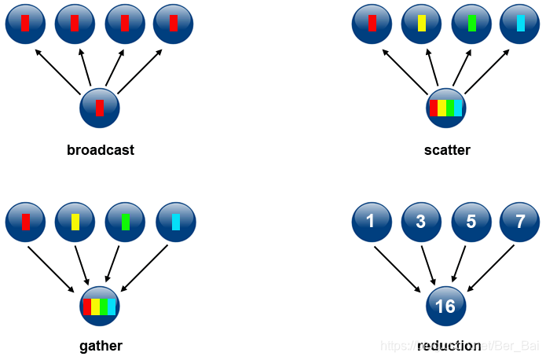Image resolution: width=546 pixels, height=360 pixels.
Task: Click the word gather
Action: click(101, 345)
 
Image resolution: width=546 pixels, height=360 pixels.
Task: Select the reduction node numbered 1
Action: click(371, 221)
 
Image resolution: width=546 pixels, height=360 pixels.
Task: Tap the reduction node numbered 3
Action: click(420, 221)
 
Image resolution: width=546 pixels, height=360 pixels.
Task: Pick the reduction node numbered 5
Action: click(470, 221)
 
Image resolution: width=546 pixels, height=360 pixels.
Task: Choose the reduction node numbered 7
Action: click(519, 221)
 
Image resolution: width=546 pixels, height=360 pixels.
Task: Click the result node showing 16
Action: click(445, 306)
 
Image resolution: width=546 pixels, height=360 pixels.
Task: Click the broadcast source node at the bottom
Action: click(99, 108)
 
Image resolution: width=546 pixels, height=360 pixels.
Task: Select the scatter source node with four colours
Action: click(445, 108)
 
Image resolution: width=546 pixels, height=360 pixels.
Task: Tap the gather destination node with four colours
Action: click(99, 306)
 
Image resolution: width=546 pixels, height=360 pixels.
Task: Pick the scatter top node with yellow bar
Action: click(421, 24)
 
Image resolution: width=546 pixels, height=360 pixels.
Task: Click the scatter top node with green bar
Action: click(471, 24)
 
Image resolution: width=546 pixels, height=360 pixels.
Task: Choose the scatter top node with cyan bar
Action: click(519, 24)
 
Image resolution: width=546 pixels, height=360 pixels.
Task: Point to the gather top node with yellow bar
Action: click(75, 221)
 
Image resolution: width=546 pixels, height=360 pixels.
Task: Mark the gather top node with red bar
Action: click(25, 221)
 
